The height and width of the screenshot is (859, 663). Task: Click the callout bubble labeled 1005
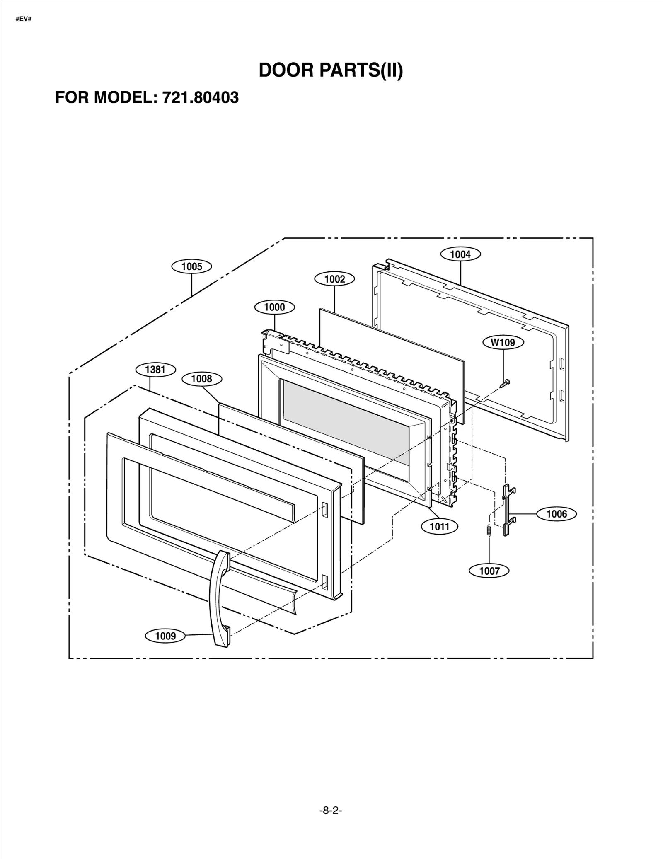191,266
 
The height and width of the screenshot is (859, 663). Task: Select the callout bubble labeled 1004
460,254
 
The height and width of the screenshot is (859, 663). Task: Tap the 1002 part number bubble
334,279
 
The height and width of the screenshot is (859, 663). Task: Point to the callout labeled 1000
274,307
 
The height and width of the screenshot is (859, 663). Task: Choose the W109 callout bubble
503,342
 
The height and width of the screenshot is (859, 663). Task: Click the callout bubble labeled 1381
155,369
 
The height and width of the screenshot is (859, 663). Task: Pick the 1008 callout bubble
201,378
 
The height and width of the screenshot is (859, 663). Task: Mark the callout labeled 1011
440,527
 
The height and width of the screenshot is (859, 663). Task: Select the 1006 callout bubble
557,514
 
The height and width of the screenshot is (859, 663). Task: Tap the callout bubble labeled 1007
489,571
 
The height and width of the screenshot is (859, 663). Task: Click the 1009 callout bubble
165,636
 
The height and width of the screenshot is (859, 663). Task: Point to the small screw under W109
505,383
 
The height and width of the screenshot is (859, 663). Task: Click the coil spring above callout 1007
489,531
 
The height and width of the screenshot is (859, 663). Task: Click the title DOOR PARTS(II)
331,70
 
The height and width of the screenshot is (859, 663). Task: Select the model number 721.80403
201,97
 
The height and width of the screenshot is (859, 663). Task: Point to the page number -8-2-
331,810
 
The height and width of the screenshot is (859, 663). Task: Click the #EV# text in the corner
24,19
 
